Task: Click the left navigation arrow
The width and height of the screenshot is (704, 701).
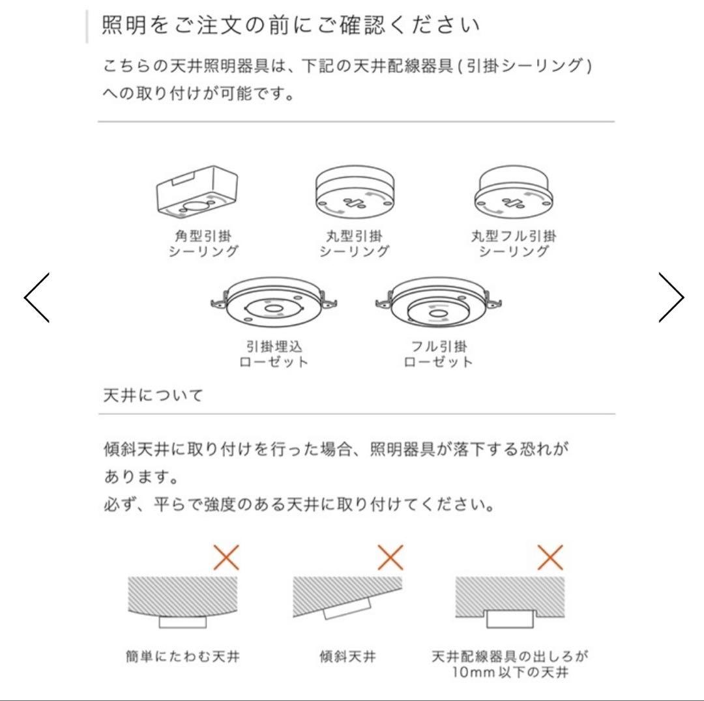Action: pyautogui.click(x=37, y=297)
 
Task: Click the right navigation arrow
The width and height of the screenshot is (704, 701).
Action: pyautogui.click(x=671, y=297)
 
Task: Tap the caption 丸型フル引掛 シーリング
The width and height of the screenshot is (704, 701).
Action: pyautogui.click(x=514, y=243)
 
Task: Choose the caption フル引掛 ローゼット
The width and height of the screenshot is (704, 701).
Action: pyautogui.click(x=437, y=354)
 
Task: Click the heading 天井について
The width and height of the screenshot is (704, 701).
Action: pyautogui.click(x=153, y=395)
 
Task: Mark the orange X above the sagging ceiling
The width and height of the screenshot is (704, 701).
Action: pyautogui.click(x=226, y=557)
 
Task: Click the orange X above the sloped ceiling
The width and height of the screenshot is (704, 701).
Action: pyautogui.click(x=390, y=557)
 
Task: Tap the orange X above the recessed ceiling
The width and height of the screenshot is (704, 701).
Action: pyautogui.click(x=551, y=557)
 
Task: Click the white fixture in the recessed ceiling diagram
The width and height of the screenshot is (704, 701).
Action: pyautogui.click(x=510, y=618)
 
